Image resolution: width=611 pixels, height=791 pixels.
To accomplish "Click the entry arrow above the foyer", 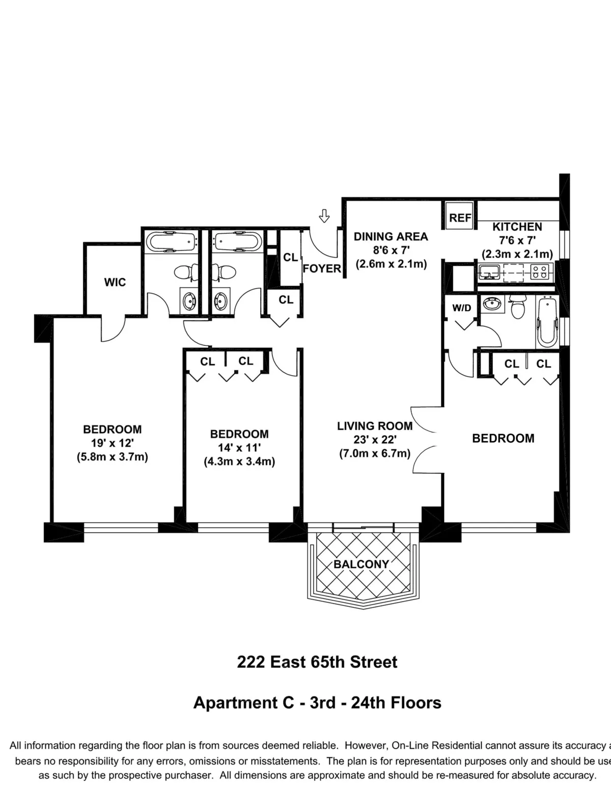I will [324, 216].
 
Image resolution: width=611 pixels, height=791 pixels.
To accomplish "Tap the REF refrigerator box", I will [460, 217].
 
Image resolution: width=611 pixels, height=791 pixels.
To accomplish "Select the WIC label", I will [115, 282].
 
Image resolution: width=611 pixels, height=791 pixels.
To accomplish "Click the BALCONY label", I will [361, 564].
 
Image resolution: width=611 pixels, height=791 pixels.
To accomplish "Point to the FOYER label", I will [322, 268].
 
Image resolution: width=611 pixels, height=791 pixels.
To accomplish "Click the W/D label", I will [462, 308].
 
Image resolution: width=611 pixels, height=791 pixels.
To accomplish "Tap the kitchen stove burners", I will [541, 273].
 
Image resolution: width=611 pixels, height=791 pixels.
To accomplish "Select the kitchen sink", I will [489, 272].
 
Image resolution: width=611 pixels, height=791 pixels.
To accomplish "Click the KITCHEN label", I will [517, 227].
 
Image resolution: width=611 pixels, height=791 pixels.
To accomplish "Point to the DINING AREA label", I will [391, 236].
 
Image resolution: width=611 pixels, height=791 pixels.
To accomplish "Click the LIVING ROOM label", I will [375, 426].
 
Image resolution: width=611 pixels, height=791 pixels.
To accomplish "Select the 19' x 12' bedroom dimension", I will [112, 443].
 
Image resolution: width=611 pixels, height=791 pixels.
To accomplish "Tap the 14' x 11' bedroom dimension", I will [239, 448].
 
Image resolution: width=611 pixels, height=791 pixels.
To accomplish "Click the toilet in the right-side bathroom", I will [518, 309].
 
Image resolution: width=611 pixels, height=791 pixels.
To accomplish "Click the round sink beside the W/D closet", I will [492, 305].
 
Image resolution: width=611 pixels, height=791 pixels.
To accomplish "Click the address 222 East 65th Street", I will [317, 662].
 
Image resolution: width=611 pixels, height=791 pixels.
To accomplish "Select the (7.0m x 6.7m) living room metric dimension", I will [375, 453].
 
